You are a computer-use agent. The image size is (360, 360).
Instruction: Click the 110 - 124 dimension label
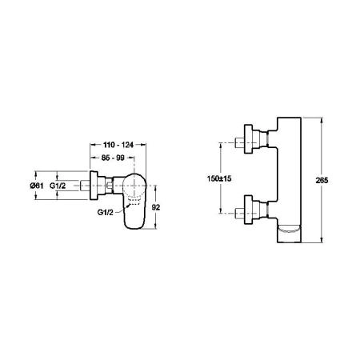pos(118,145)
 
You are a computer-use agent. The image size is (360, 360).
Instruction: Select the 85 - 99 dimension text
pos(113,158)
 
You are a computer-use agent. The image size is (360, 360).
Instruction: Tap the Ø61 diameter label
pos(37,186)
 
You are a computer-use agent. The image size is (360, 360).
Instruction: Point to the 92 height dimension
pos(156,207)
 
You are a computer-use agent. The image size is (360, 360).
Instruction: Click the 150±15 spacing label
pos(219,178)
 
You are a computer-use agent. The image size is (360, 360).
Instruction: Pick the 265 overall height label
pos(322,181)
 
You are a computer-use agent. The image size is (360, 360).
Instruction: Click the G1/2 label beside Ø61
pos(58,186)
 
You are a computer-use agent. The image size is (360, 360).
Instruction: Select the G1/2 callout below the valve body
pos(106,213)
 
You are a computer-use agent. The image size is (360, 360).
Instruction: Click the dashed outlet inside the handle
pos(134,202)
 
